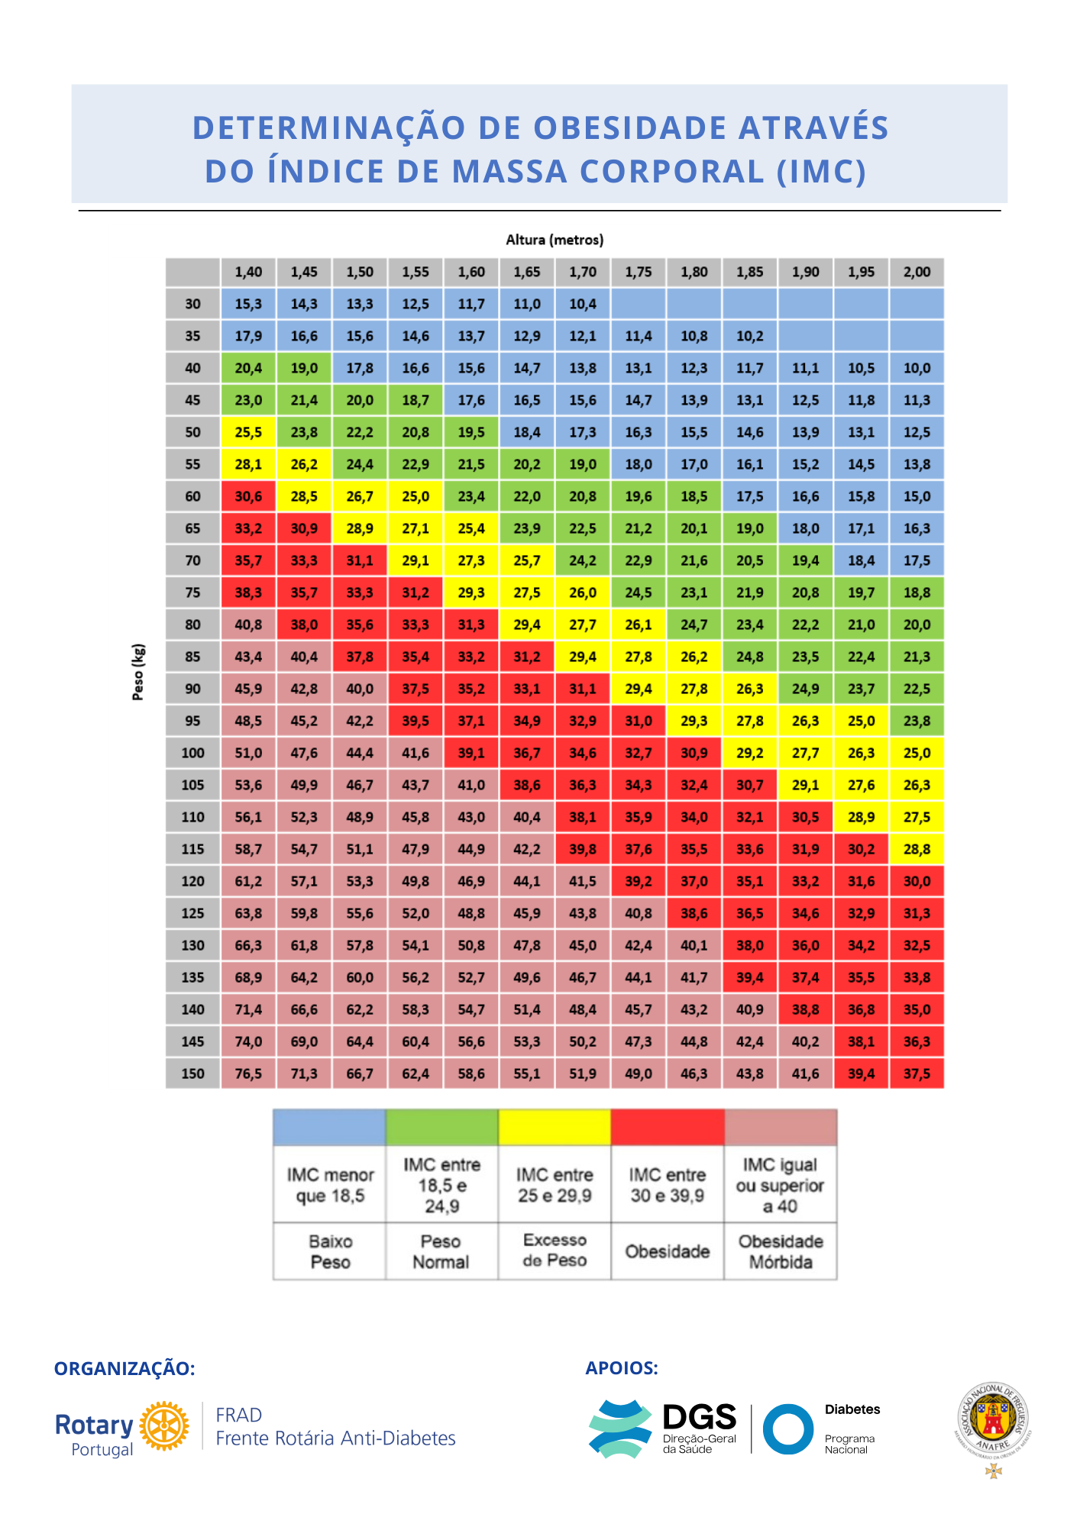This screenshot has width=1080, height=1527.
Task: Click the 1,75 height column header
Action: [x=639, y=272]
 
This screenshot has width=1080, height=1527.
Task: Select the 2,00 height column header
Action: [x=917, y=272]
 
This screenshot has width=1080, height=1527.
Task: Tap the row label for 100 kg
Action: [x=192, y=753]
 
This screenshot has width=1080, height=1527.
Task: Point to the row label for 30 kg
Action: [x=192, y=304]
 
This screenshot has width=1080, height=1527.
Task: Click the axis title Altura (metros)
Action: [x=555, y=240]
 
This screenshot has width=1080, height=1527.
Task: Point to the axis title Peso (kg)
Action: [x=138, y=672]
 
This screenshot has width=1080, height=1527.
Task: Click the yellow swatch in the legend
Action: [x=555, y=1127]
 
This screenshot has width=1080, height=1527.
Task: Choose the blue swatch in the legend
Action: [x=329, y=1127]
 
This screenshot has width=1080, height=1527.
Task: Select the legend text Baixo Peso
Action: [x=330, y=1251]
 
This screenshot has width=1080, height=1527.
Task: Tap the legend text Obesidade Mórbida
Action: [x=781, y=1251]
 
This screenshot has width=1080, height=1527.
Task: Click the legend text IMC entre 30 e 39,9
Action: [x=667, y=1185]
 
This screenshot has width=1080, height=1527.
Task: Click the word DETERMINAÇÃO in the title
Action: [x=328, y=128]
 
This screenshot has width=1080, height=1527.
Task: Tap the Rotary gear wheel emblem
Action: [x=164, y=1425]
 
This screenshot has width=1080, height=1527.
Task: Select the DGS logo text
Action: [x=699, y=1418]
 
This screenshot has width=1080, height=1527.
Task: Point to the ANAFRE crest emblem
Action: [x=993, y=1420]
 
